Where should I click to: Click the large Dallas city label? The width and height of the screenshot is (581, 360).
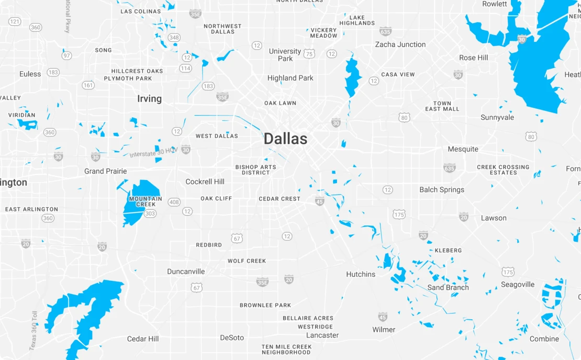tap(285, 139)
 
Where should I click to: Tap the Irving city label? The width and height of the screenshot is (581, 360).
tap(149, 99)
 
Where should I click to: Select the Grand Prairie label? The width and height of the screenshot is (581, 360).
tap(106, 171)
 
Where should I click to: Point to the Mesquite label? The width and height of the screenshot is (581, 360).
tap(463, 149)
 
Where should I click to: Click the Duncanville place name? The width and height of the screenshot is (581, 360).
tap(186, 272)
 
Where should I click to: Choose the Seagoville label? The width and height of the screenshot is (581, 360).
tap(517, 285)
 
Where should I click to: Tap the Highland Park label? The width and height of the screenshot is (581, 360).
tap(290, 78)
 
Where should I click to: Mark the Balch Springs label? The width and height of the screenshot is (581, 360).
tap(441, 190)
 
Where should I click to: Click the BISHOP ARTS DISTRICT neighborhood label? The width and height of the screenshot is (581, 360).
tap(255, 170)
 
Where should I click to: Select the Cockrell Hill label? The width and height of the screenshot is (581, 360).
tap(205, 182)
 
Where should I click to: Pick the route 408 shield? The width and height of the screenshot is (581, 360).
tap(174, 202)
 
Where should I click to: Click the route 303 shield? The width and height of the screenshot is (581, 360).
tap(150, 213)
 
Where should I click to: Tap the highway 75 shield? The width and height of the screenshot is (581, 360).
tap(309, 53)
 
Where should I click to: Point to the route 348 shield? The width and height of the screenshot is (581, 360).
tap(174, 38)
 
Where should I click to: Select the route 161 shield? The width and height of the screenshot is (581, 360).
tap(88, 85)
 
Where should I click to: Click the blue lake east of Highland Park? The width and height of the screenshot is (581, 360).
tap(353, 77)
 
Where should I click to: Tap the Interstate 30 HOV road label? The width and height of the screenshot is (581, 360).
tap(152, 152)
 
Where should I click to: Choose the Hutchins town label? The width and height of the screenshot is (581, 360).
tap(361, 274)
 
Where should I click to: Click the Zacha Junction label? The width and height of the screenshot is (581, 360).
tap(400, 44)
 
